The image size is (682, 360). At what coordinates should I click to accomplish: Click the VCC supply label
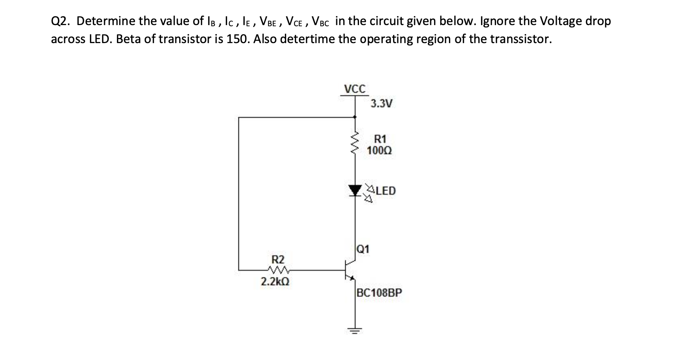click(355, 89)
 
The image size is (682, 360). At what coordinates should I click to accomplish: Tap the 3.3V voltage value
click(381, 104)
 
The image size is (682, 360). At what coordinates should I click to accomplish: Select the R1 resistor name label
click(380, 139)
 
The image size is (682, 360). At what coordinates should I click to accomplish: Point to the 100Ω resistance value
click(379, 150)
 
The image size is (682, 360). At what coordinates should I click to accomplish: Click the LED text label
click(386, 191)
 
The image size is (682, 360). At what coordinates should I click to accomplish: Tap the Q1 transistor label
click(363, 249)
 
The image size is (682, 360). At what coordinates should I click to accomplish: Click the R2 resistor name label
click(278, 259)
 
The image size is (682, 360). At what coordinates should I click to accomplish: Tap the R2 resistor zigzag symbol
click(278, 270)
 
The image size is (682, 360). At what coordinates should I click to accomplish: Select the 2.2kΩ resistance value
click(275, 282)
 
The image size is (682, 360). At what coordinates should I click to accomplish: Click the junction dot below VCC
click(355, 117)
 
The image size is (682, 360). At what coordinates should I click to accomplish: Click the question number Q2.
click(60, 21)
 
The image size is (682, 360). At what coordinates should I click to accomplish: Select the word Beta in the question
click(130, 40)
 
